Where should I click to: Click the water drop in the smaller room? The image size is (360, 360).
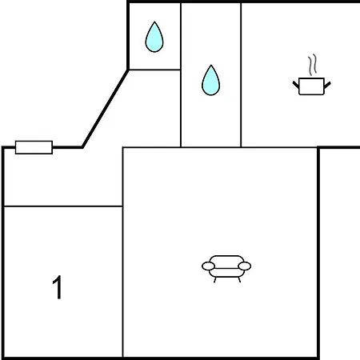(x=154, y=38)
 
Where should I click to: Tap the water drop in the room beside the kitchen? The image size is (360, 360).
(x=210, y=81)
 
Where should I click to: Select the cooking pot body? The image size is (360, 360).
(x=311, y=86)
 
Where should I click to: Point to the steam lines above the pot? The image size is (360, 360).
(x=313, y=64)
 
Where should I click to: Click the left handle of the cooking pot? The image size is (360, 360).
(x=296, y=85)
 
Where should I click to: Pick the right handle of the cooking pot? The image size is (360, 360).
(x=327, y=85)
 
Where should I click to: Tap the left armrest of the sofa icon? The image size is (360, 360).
(x=208, y=266)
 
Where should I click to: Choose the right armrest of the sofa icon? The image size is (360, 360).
(x=245, y=266)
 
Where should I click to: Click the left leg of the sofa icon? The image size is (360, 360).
(x=214, y=280)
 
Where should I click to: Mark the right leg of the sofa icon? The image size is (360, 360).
(x=239, y=280)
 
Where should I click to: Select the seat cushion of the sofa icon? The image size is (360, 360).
(x=226, y=273)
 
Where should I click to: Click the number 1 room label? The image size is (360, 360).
(x=57, y=287)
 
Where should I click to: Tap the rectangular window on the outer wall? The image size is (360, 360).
(x=34, y=147)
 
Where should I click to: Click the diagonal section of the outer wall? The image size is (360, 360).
(x=106, y=109)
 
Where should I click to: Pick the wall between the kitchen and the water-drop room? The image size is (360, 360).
(x=241, y=74)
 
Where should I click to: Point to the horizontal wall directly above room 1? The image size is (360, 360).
(x=63, y=206)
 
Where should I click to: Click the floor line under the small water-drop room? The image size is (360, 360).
(x=154, y=70)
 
